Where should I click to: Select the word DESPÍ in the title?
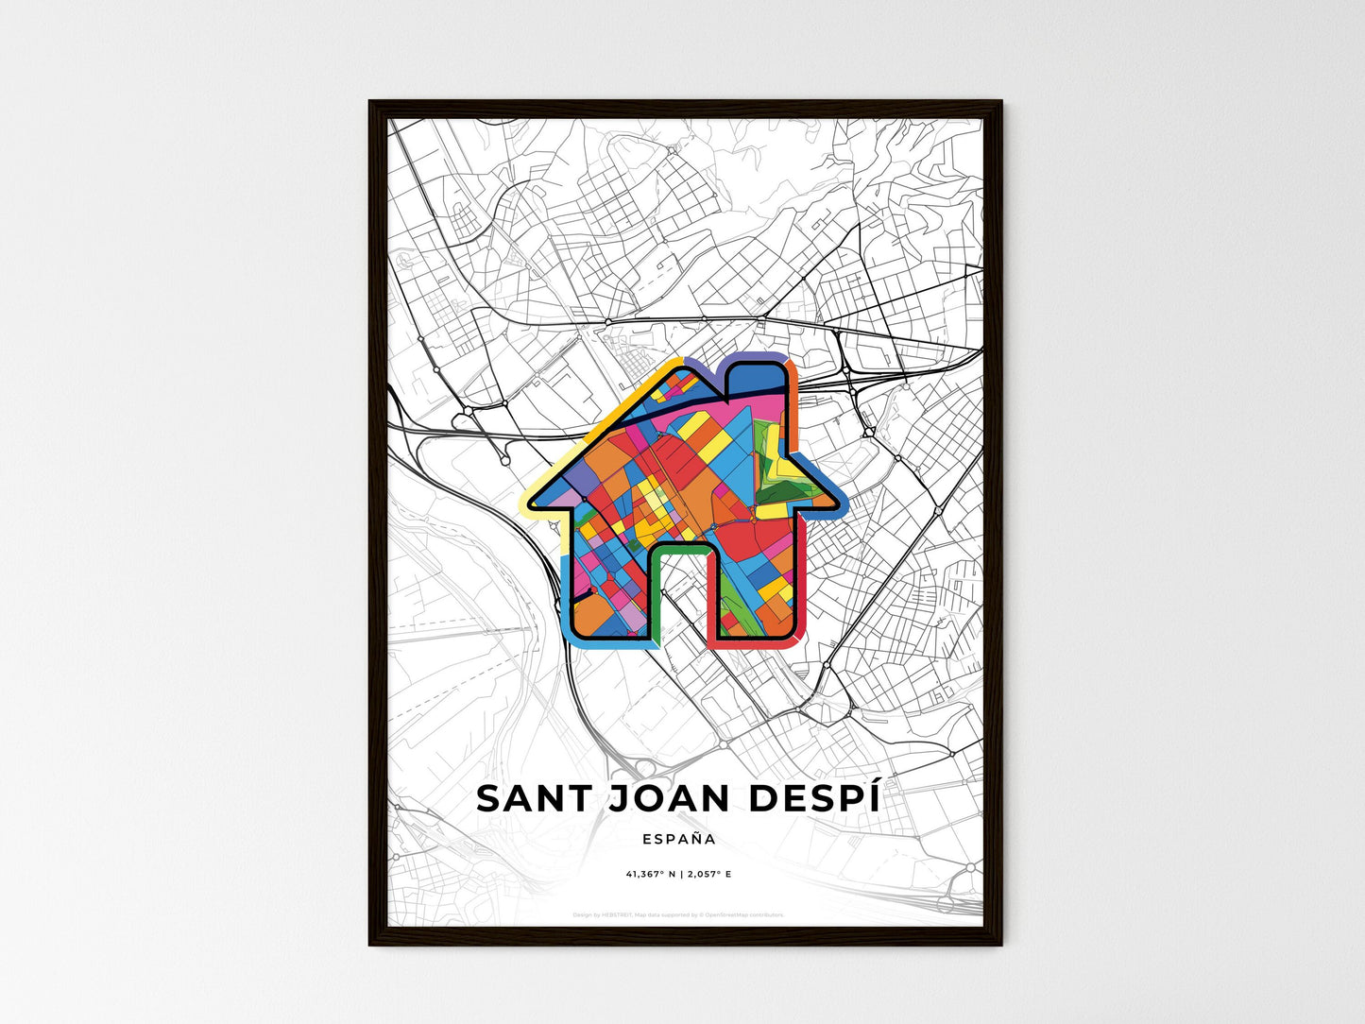point(814,798)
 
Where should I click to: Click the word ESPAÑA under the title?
point(678,838)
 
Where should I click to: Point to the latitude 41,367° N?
point(648,874)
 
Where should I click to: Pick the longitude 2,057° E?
point(708,874)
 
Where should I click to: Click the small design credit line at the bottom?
point(678,914)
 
